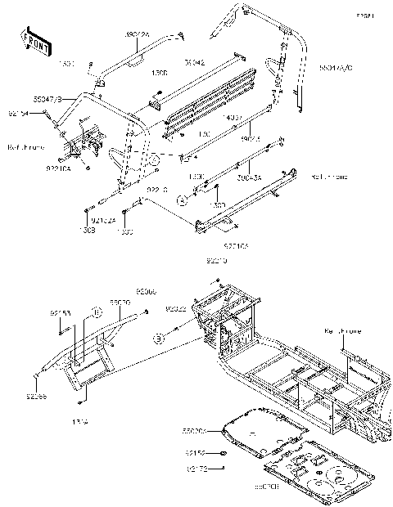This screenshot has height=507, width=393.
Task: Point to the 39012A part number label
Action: pos(137,35)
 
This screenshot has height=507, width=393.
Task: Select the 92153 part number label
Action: pos(60,312)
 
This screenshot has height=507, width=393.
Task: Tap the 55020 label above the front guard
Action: pos(120,302)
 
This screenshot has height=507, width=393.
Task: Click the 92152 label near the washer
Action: pos(194,452)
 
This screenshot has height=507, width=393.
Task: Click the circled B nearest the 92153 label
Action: pos(96,312)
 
